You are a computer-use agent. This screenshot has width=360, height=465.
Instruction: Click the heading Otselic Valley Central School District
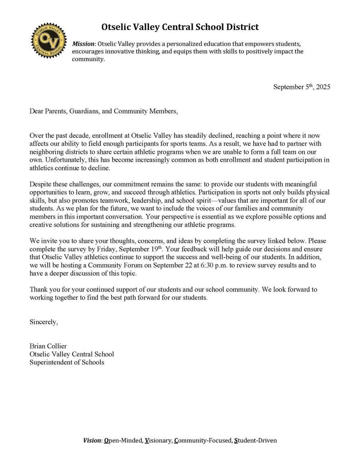point(180,27)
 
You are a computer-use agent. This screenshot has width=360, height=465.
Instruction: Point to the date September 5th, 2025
point(301,86)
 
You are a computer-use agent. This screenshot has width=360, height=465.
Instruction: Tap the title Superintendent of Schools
point(67,362)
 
